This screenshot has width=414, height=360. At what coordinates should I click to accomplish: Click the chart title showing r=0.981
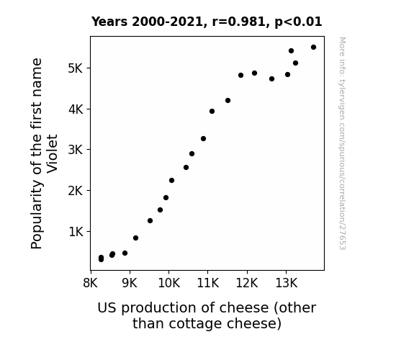click(x=207, y=22)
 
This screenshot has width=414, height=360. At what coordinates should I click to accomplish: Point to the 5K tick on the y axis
click(x=76, y=68)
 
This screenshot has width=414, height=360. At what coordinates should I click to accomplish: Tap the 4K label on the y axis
click(x=76, y=109)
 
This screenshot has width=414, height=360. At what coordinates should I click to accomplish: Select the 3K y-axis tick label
click(x=76, y=150)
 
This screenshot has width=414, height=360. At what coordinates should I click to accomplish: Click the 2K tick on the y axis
click(x=76, y=190)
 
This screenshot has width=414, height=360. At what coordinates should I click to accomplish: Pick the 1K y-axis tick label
click(x=76, y=232)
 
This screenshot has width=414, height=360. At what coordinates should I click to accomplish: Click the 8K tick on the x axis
click(x=90, y=283)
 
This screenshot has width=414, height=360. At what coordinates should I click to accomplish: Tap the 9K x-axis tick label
click(x=130, y=283)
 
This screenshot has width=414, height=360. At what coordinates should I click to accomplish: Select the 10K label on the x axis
click(x=169, y=283)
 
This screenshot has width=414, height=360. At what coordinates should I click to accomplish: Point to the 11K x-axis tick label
click(x=208, y=283)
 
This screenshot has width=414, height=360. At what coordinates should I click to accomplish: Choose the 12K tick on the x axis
click(x=247, y=283)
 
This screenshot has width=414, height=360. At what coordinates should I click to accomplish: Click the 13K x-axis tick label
click(x=287, y=283)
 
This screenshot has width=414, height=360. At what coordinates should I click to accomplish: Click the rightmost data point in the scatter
click(x=313, y=48)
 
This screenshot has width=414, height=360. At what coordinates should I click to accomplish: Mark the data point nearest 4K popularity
click(x=212, y=111)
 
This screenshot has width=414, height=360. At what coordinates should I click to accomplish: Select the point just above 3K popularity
click(x=203, y=139)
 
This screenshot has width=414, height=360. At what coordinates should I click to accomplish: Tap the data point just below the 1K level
click(x=135, y=238)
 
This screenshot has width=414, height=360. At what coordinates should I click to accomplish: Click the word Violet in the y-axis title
click(x=52, y=154)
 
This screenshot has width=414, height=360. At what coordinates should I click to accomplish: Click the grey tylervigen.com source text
click(x=342, y=143)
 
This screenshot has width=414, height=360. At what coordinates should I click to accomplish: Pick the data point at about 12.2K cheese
click(x=254, y=73)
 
